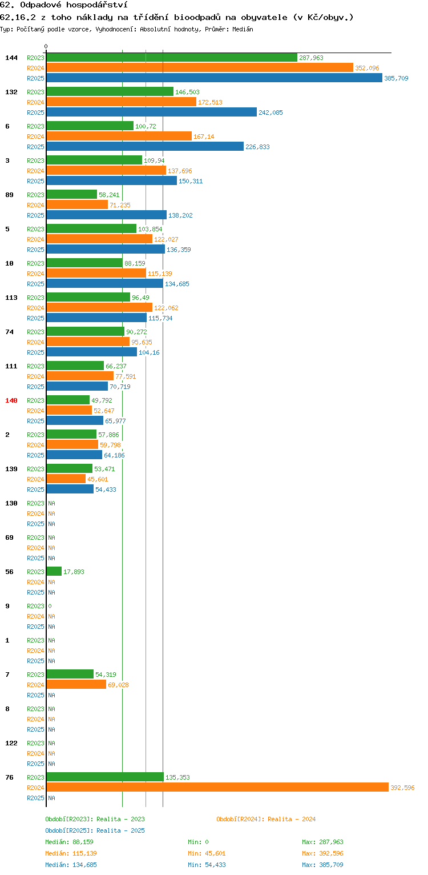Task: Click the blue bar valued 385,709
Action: point(214,78)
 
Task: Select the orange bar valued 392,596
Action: point(217,788)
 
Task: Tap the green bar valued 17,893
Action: point(54,572)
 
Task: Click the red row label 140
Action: point(11,400)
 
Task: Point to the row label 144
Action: point(11,58)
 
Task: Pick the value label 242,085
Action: point(270,113)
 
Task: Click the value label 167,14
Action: point(204,137)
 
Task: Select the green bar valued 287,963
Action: point(172,58)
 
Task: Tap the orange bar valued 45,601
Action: point(66,479)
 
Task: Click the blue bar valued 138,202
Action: point(107,215)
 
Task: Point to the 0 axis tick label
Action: point(46,46)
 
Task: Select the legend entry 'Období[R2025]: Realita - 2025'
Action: point(95,830)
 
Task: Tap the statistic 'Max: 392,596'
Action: point(322,853)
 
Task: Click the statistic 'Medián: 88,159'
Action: point(70,842)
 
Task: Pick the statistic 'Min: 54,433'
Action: point(207,865)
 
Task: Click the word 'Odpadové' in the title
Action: point(41,5)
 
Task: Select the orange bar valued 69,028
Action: point(76,685)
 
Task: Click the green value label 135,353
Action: point(177,777)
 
